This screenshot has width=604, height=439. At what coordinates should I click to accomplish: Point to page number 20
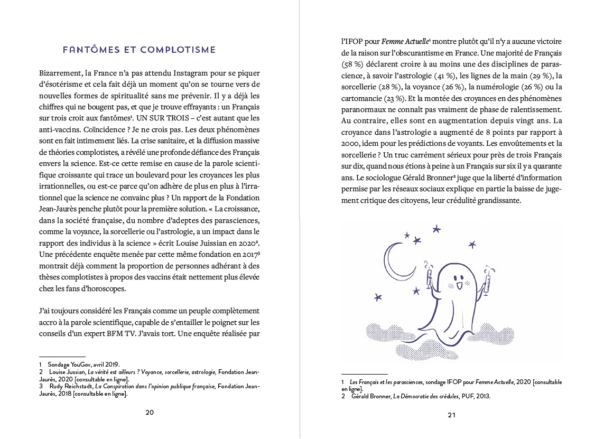(x=150, y=412)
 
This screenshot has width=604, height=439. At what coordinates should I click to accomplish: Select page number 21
(x=451, y=415)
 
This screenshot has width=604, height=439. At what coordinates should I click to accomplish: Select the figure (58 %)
(x=352, y=64)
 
